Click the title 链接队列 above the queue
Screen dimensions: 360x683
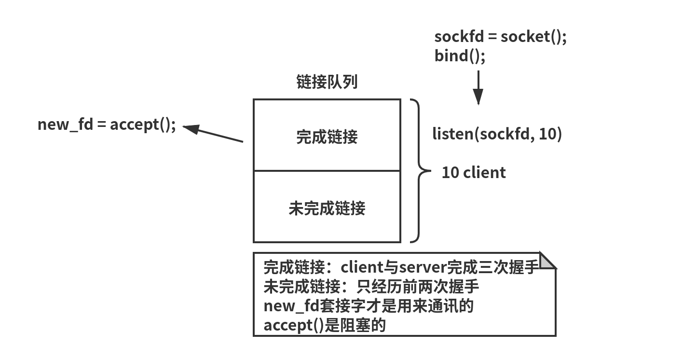point(327,82)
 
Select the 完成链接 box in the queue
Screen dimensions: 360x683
point(327,137)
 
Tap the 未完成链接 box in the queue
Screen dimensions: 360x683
point(327,208)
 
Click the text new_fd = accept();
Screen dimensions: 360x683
point(107,125)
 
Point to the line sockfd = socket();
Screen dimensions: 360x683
point(500,37)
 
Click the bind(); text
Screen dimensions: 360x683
point(460,55)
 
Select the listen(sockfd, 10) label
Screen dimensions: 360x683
point(497,134)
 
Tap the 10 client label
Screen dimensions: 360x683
point(474,172)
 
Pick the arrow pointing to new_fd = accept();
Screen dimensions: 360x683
point(212,134)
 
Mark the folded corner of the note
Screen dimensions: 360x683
point(547,261)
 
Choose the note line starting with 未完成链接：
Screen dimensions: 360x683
point(371,287)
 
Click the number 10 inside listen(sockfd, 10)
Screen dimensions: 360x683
point(547,134)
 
